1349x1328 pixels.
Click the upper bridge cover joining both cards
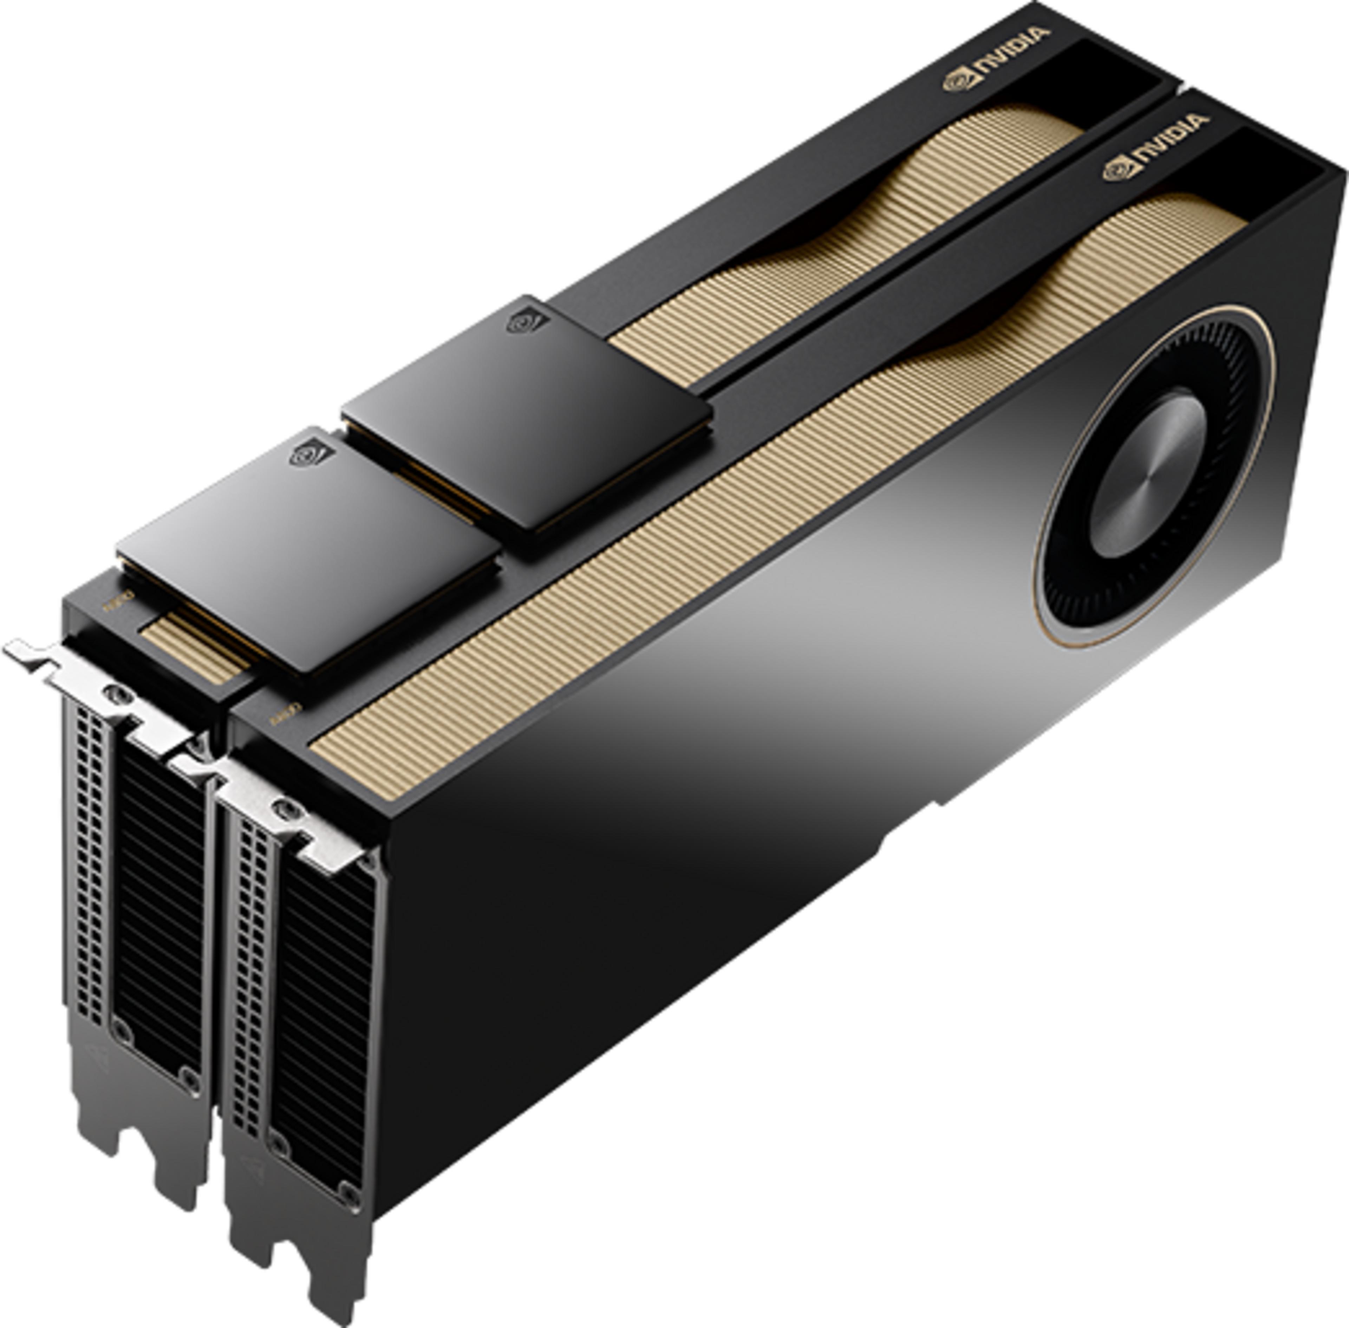tap(527, 412)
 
